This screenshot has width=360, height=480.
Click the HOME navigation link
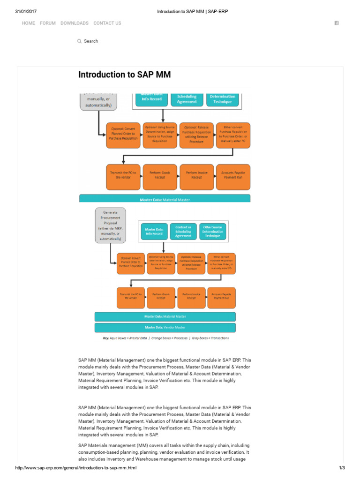tap(28, 23)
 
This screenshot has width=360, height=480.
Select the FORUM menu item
tap(47, 23)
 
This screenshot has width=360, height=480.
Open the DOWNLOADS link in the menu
tap(74, 23)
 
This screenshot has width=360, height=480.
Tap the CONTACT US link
tap(107, 23)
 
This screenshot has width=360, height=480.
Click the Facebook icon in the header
tap(336, 23)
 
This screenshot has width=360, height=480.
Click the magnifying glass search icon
tap(79, 41)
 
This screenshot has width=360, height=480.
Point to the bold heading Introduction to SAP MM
tap(124, 75)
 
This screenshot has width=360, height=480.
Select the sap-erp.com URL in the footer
tap(76, 468)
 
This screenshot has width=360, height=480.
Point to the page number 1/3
tap(341, 468)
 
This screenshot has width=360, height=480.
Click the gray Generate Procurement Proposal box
tap(110, 225)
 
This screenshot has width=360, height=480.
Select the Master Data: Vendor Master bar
tap(165, 327)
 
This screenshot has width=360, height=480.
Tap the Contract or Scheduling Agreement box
tap(183, 232)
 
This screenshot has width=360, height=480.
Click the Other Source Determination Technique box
tap(213, 232)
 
